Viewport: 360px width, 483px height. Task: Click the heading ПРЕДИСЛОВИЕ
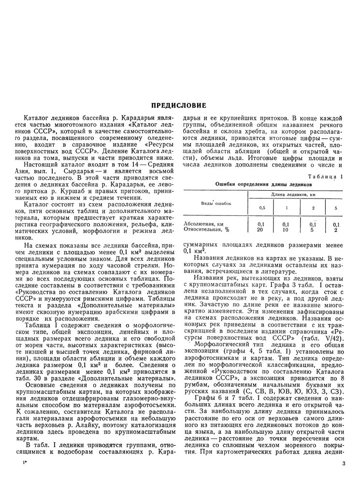point(180,105)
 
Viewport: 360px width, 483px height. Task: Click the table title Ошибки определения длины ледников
point(263,185)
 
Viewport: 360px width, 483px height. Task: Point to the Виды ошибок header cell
point(216,203)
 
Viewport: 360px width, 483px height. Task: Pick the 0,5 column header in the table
point(261,208)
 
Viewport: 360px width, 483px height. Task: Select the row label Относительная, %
point(206,230)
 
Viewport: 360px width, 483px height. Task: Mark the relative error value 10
point(286,230)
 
